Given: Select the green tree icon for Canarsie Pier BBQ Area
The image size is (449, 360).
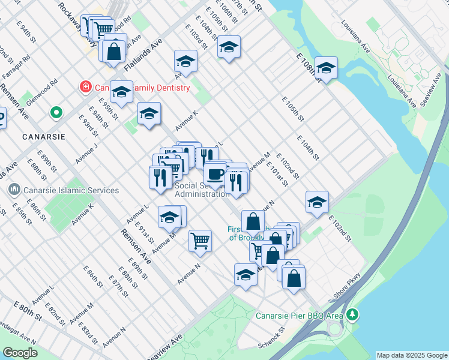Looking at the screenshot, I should (354, 314).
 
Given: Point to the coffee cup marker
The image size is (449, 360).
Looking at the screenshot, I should (215, 175).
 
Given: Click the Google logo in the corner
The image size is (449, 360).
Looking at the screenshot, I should (20, 352).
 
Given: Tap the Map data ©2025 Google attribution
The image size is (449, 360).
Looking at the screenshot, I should (411, 355).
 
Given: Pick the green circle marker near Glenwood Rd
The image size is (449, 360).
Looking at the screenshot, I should (56, 112).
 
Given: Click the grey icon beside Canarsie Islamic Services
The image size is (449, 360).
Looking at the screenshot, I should (13, 190).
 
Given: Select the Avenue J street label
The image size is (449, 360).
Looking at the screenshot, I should (87, 153).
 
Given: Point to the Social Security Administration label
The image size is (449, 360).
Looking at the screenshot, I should (202, 190).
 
